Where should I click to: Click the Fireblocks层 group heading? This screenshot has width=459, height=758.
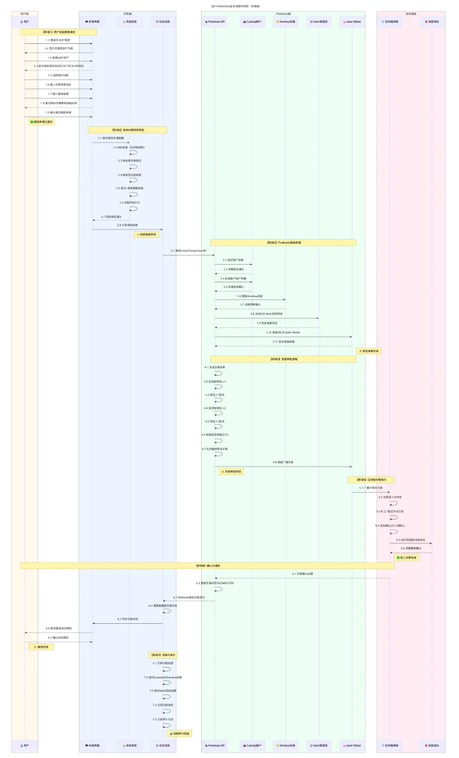pyautogui.click(x=283, y=13)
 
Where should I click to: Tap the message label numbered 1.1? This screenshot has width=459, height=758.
pyautogui.click(x=59, y=40)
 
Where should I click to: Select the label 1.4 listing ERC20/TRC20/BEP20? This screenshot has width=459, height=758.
pyautogui.click(x=59, y=66)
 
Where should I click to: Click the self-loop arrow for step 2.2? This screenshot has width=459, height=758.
pyautogui.click(x=133, y=152)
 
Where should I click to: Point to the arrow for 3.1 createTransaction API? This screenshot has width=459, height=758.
pyautogui.click(x=188, y=255)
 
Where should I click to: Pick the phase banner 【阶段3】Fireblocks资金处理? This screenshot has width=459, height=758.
pyautogui.click(x=283, y=243)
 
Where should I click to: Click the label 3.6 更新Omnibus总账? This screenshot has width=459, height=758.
pyautogui.click(x=250, y=296)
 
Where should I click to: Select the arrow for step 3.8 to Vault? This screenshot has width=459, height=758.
pyautogui.click(x=266, y=318)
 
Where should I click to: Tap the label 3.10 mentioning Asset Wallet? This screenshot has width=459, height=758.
pyautogui.click(x=283, y=332)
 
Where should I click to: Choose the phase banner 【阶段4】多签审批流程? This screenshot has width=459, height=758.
pyautogui.click(x=283, y=359)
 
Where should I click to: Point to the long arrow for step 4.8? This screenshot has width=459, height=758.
pyautogui.click(x=283, y=467)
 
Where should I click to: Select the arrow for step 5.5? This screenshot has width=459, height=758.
pyautogui.click(x=410, y=543)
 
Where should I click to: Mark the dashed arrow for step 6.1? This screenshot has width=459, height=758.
pyautogui.click(x=302, y=578)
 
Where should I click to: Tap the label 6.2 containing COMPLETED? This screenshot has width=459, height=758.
pyautogui.click(x=215, y=583)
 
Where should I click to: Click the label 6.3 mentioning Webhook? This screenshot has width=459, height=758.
pyautogui.click(x=188, y=597)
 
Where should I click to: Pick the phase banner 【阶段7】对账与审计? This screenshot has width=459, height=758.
pyautogui.click(x=163, y=654)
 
